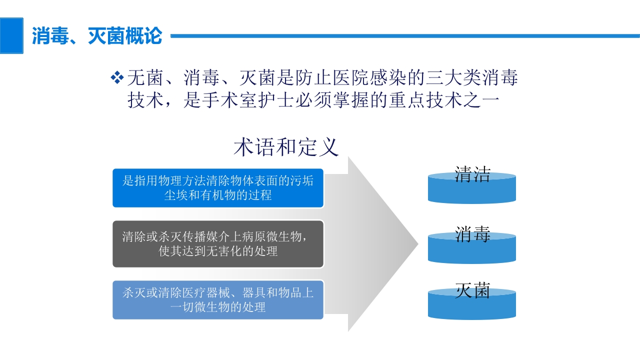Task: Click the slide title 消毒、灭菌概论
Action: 97,36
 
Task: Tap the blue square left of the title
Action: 11,35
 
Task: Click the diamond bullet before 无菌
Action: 116,77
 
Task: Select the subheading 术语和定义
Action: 286,147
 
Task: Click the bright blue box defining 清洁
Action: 218,187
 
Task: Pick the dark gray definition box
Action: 218,243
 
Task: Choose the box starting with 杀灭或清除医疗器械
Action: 218,299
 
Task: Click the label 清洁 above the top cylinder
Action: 472,173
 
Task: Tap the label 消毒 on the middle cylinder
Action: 472,234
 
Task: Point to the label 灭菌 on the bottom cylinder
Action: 472,290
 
